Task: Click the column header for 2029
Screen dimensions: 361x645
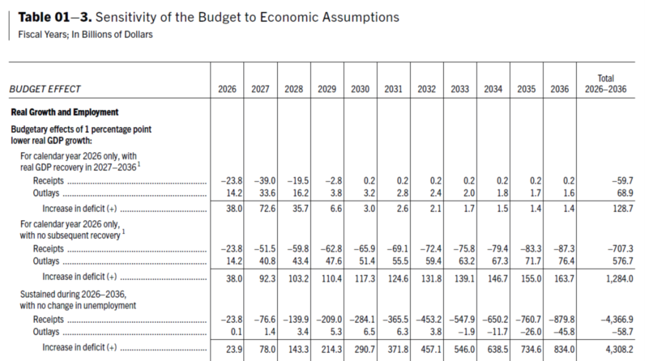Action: (x=327, y=89)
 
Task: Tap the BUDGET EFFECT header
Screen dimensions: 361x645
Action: (x=45, y=89)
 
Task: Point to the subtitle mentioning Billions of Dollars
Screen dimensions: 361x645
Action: (x=86, y=34)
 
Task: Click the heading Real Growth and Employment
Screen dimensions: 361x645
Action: (x=65, y=112)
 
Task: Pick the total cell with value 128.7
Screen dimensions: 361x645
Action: (x=622, y=208)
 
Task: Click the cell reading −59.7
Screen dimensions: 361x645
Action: (x=622, y=181)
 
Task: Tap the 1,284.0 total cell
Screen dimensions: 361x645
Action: (x=620, y=277)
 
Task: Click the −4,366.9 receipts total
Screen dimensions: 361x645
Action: (x=617, y=320)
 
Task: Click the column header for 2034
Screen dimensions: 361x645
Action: (x=493, y=89)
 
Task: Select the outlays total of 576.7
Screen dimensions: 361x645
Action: (x=622, y=260)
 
